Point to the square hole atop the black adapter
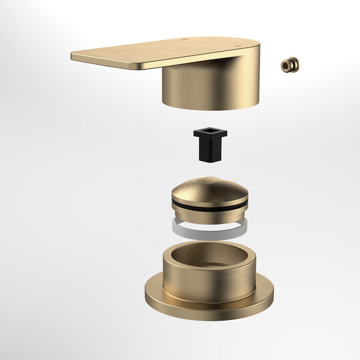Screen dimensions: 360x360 tap(211, 132)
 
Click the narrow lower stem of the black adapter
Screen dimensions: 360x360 tap(209, 152)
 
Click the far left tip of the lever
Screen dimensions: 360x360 tap(73, 56)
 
